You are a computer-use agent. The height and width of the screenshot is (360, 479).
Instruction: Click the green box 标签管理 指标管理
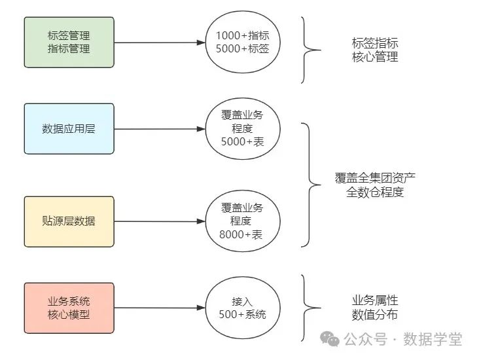[69, 43]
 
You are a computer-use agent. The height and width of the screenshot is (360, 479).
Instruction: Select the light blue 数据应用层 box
[69, 128]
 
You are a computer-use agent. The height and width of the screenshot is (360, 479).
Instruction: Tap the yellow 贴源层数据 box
[69, 221]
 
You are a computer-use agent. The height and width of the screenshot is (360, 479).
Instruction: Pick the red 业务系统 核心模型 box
[69, 308]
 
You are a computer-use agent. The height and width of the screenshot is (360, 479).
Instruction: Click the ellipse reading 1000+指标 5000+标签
[243, 43]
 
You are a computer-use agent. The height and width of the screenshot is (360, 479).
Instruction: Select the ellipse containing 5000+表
[243, 128]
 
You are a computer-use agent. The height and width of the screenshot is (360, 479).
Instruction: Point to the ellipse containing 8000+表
[243, 221]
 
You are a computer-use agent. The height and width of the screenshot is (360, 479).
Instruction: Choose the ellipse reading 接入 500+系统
[243, 308]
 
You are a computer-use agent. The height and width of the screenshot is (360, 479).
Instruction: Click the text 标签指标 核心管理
[374, 50]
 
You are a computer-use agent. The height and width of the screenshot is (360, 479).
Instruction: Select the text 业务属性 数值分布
[374, 308]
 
